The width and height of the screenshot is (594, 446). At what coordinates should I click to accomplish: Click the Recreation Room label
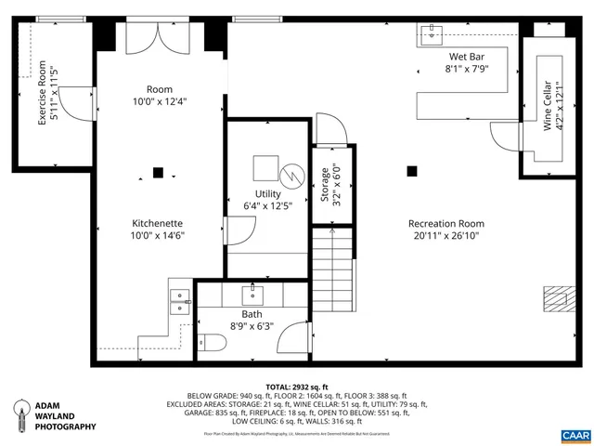pyautogui.click(x=446, y=230)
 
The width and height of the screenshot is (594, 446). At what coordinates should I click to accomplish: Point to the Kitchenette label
pyautogui.click(x=157, y=230)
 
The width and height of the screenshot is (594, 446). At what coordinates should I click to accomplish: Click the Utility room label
pyautogui.click(x=268, y=199)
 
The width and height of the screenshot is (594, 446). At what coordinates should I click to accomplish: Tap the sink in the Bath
pyautogui.click(x=252, y=295)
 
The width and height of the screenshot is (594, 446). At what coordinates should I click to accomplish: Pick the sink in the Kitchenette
pyautogui.click(x=179, y=299)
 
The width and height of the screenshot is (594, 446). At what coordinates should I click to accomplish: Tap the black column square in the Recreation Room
pyautogui.click(x=412, y=170)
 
